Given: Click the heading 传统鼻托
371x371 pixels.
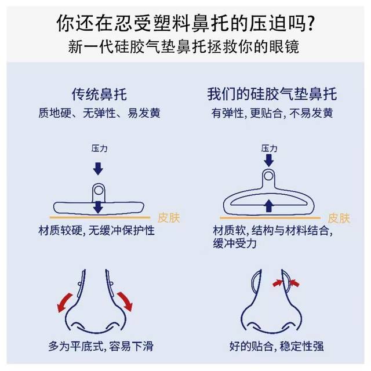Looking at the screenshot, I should click(x=98, y=94).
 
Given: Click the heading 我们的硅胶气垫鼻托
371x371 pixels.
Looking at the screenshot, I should click(x=271, y=94).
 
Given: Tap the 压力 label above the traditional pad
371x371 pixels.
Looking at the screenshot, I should click(x=99, y=149).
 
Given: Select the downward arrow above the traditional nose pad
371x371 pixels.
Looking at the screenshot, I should click(x=99, y=168).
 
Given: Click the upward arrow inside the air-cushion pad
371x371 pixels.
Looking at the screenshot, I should click(x=268, y=205).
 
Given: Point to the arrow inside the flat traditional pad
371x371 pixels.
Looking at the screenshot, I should click(x=99, y=206).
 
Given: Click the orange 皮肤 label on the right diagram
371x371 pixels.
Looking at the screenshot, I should click(x=339, y=219).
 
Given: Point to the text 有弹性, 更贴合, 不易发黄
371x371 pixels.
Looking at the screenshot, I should click(x=271, y=113).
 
